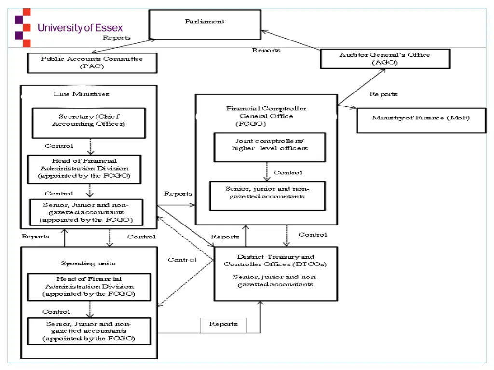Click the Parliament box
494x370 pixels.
click(205, 24)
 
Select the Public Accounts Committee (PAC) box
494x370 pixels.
click(92, 63)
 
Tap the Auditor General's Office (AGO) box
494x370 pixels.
click(384, 59)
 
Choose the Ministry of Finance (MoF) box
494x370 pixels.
click(421, 120)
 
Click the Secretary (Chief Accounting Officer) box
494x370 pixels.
click(89, 122)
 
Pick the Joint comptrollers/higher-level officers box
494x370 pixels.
click(269, 147)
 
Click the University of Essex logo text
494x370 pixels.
click(80, 27)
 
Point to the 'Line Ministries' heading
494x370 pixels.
click(81, 94)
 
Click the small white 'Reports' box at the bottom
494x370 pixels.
click(223, 325)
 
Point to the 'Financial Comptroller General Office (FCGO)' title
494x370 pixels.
click(266, 116)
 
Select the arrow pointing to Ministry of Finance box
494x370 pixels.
click(347, 106)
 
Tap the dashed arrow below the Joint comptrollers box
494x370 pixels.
click(267, 172)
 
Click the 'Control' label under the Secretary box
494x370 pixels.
click(59, 146)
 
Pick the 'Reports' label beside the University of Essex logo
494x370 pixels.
click(116, 38)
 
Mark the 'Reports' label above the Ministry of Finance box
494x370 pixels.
click(384, 94)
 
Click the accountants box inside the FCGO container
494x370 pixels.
click(267, 195)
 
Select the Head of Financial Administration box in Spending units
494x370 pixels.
click(89, 286)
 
